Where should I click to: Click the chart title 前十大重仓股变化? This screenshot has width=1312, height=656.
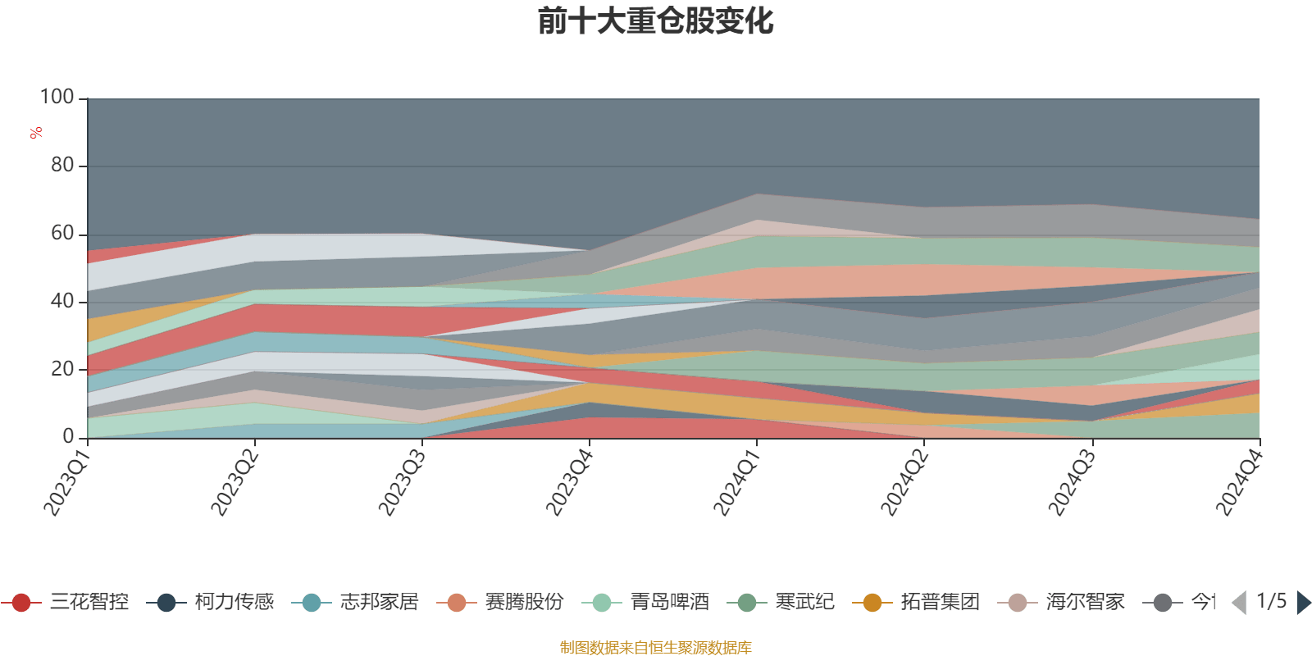point(656,21)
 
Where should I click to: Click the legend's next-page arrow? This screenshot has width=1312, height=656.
point(1303,603)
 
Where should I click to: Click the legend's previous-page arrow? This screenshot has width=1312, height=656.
point(1239,603)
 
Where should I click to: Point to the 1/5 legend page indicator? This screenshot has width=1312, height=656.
point(1271,602)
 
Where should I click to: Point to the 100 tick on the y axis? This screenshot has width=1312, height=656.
point(57,98)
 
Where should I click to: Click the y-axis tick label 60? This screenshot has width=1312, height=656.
point(62,234)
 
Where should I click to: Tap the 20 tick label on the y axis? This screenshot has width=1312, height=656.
point(62,369)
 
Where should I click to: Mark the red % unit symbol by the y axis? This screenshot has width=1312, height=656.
point(36,133)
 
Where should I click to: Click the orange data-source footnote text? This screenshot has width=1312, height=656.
point(655,648)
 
